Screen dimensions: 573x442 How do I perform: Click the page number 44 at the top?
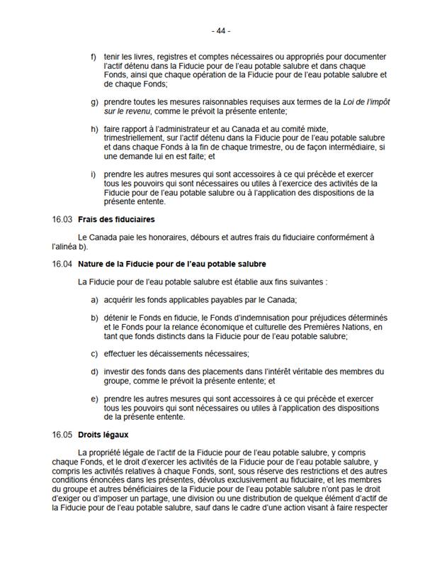point(221,31)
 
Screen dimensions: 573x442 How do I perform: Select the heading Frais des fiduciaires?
point(117,219)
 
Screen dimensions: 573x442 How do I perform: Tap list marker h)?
point(94,128)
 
